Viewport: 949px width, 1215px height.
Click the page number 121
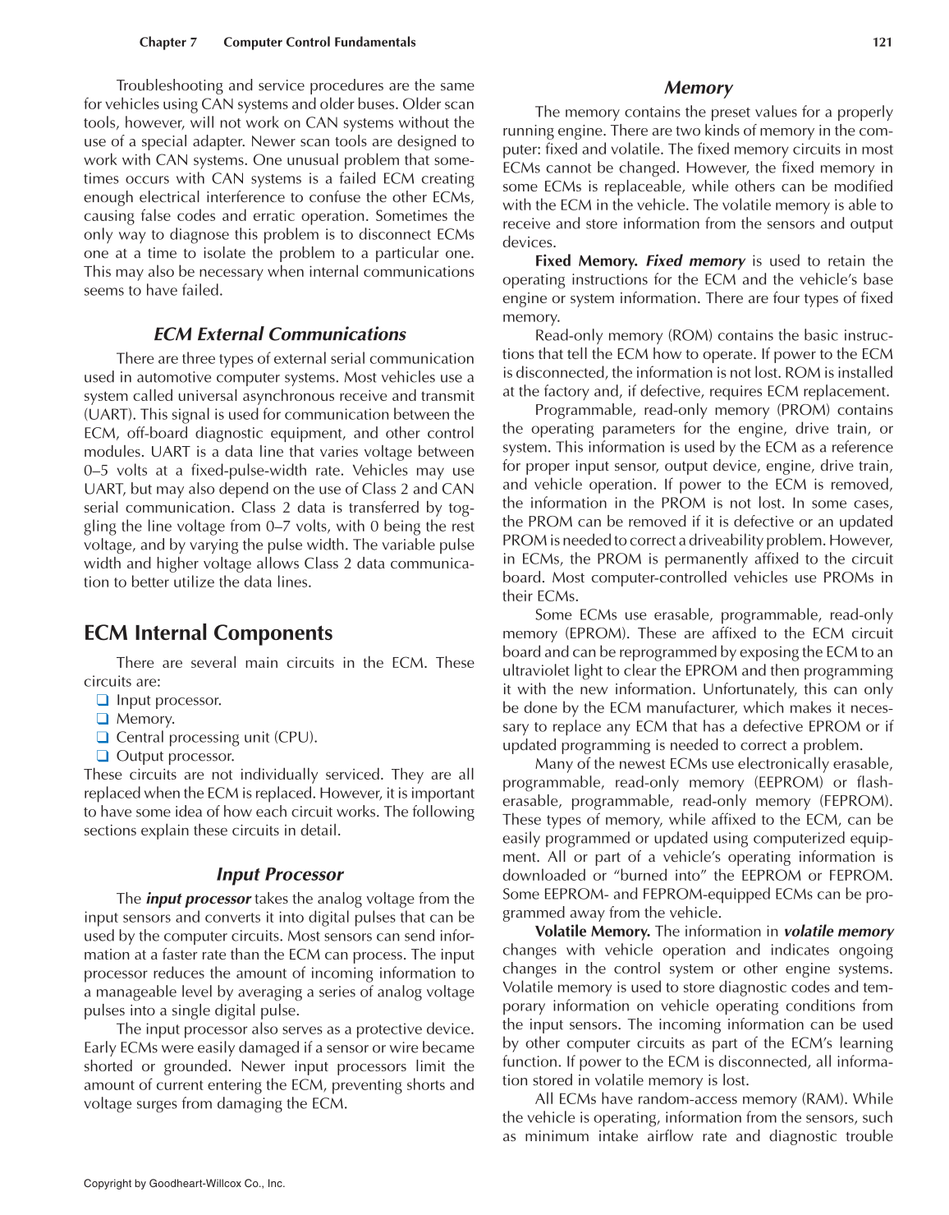pyautogui.click(x=882, y=42)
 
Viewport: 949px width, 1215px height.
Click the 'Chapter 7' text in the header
pyautogui.click(x=167, y=42)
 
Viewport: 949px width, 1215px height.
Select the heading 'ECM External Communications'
pyautogui.click(x=279, y=334)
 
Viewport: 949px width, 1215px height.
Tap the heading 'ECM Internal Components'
pyautogui.click(x=208, y=633)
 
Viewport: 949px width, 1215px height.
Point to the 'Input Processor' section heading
pyautogui.click(x=279, y=874)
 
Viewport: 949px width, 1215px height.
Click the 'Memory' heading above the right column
pyautogui.click(x=697, y=88)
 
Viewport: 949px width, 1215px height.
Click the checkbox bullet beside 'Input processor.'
pyautogui.click(x=103, y=701)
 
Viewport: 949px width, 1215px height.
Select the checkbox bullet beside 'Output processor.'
pyautogui.click(x=103, y=756)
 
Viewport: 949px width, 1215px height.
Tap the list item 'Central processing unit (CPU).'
pyautogui.click(x=216, y=738)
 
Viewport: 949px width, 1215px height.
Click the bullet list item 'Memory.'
pyautogui.click(x=145, y=719)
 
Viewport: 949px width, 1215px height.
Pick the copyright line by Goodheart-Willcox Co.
pyautogui.click(x=184, y=1184)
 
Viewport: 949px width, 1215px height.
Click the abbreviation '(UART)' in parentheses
pyautogui.click(x=109, y=415)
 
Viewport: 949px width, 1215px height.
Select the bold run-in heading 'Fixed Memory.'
pyautogui.click(x=585, y=261)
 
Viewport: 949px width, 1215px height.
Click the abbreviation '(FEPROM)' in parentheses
pyautogui.click(x=855, y=801)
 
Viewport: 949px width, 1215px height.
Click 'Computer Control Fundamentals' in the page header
pyautogui.click(x=319, y=42)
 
